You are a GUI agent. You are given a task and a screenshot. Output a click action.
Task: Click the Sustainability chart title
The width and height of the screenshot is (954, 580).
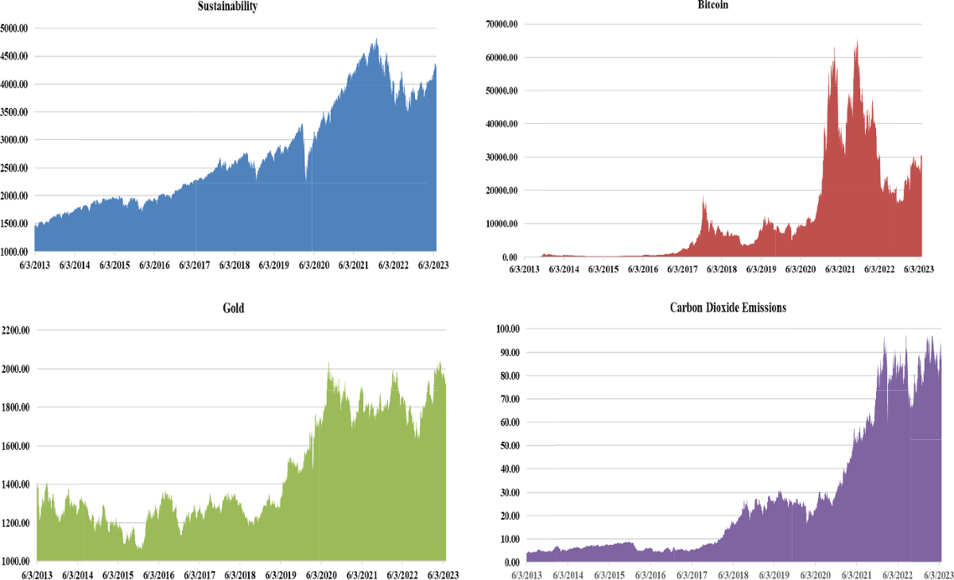point(228,6)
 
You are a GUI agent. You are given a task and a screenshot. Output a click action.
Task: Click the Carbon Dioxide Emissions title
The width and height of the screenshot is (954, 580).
point(727,307)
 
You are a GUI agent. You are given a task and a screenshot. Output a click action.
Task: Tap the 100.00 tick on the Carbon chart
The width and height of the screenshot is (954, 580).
point(506,328)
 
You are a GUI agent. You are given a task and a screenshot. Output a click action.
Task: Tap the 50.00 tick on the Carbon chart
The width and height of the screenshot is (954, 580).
point(508,446)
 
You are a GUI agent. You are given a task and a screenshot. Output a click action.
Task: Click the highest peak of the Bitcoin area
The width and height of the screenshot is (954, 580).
point(856,41)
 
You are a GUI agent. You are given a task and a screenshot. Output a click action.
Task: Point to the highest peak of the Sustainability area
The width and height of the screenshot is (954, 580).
point(376,40)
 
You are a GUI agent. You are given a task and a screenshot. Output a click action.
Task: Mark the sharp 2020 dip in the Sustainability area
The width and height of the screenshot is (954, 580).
point(306,179)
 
